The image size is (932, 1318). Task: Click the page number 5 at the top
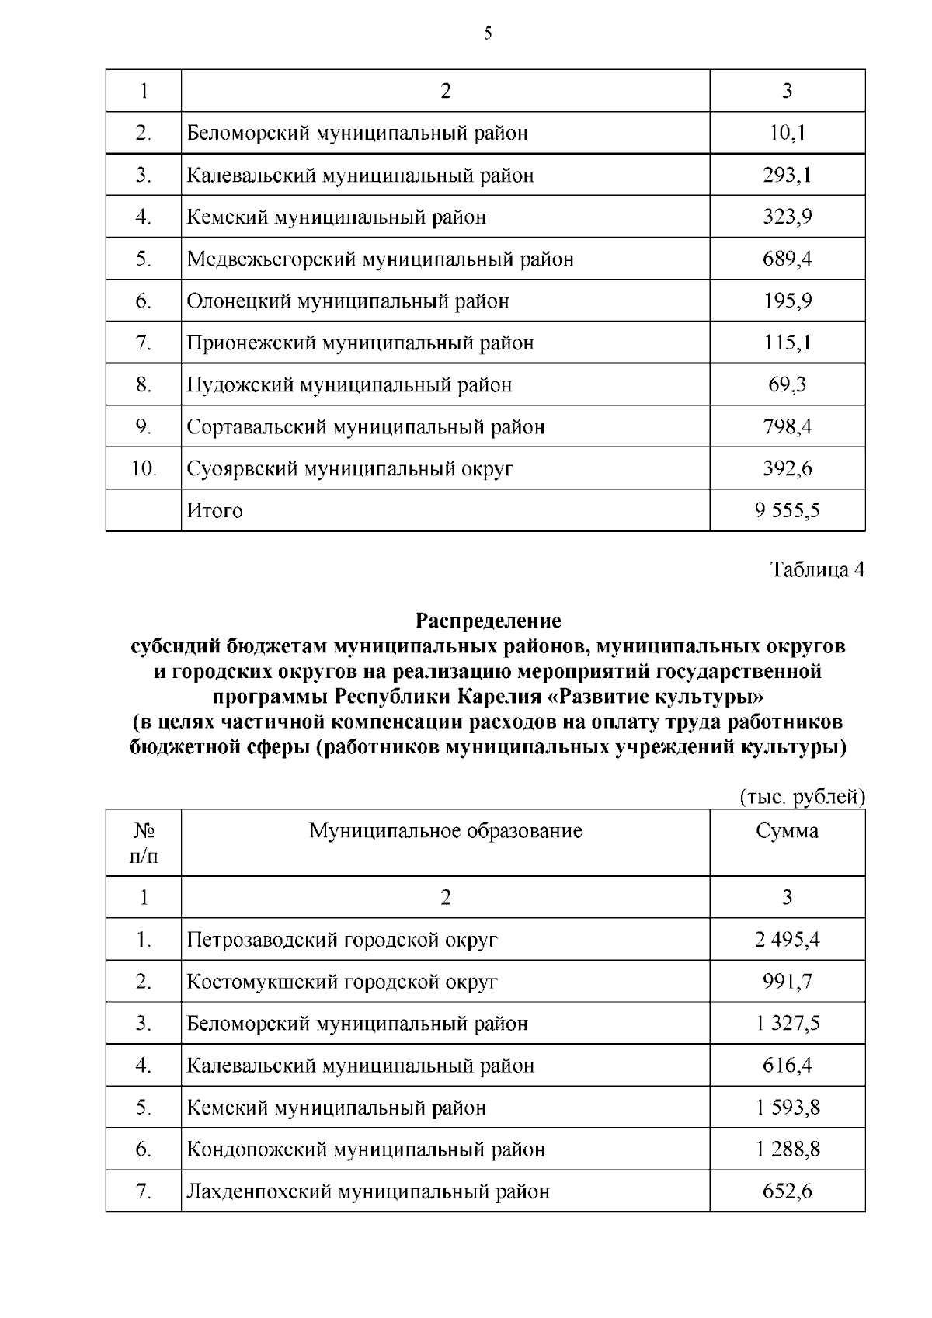[488, 33]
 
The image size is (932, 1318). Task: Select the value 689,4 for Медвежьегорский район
[787, 259]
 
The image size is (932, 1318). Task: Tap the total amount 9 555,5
[787, 510]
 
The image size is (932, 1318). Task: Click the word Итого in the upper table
[214, 510]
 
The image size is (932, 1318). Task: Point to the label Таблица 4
[817, 569]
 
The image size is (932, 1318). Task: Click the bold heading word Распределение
[488, 621]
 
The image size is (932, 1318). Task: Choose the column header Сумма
[787, 831]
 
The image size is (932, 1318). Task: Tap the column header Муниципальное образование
[446, 831]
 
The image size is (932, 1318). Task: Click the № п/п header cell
[144, 843]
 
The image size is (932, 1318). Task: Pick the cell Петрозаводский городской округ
[342, 940]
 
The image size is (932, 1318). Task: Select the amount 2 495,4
[787, 940]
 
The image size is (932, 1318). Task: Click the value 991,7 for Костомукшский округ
[787, 982]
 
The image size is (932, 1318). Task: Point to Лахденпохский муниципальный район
[368, 1191]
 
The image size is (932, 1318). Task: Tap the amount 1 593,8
[787, 1108]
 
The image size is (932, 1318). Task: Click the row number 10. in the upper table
[144, 468]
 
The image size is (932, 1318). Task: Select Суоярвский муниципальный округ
[349, 468]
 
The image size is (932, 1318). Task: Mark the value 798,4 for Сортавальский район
[787, 426]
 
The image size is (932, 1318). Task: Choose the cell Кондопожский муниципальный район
[366, 1149]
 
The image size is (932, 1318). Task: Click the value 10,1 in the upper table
[787, 133]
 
